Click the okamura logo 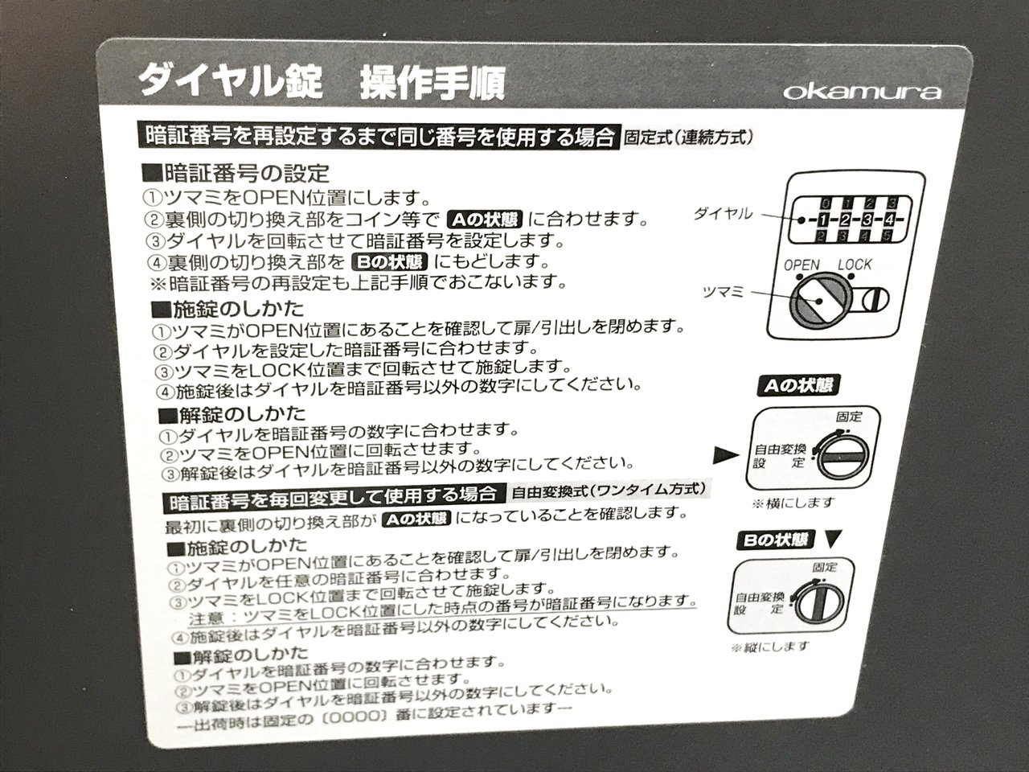862,92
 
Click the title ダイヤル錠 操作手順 321,82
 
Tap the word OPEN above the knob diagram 802,265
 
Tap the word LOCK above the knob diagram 855,265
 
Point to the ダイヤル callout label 723,214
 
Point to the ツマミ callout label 723,292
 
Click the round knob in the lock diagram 818,301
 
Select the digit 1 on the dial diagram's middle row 825,220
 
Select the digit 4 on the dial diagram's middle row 889,220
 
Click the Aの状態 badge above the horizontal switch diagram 798,385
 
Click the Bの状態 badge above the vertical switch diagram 776,540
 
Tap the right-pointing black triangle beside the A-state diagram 726,454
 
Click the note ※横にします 793,503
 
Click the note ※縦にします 770,647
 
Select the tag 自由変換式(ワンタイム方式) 609,491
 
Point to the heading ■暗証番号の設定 236,173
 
